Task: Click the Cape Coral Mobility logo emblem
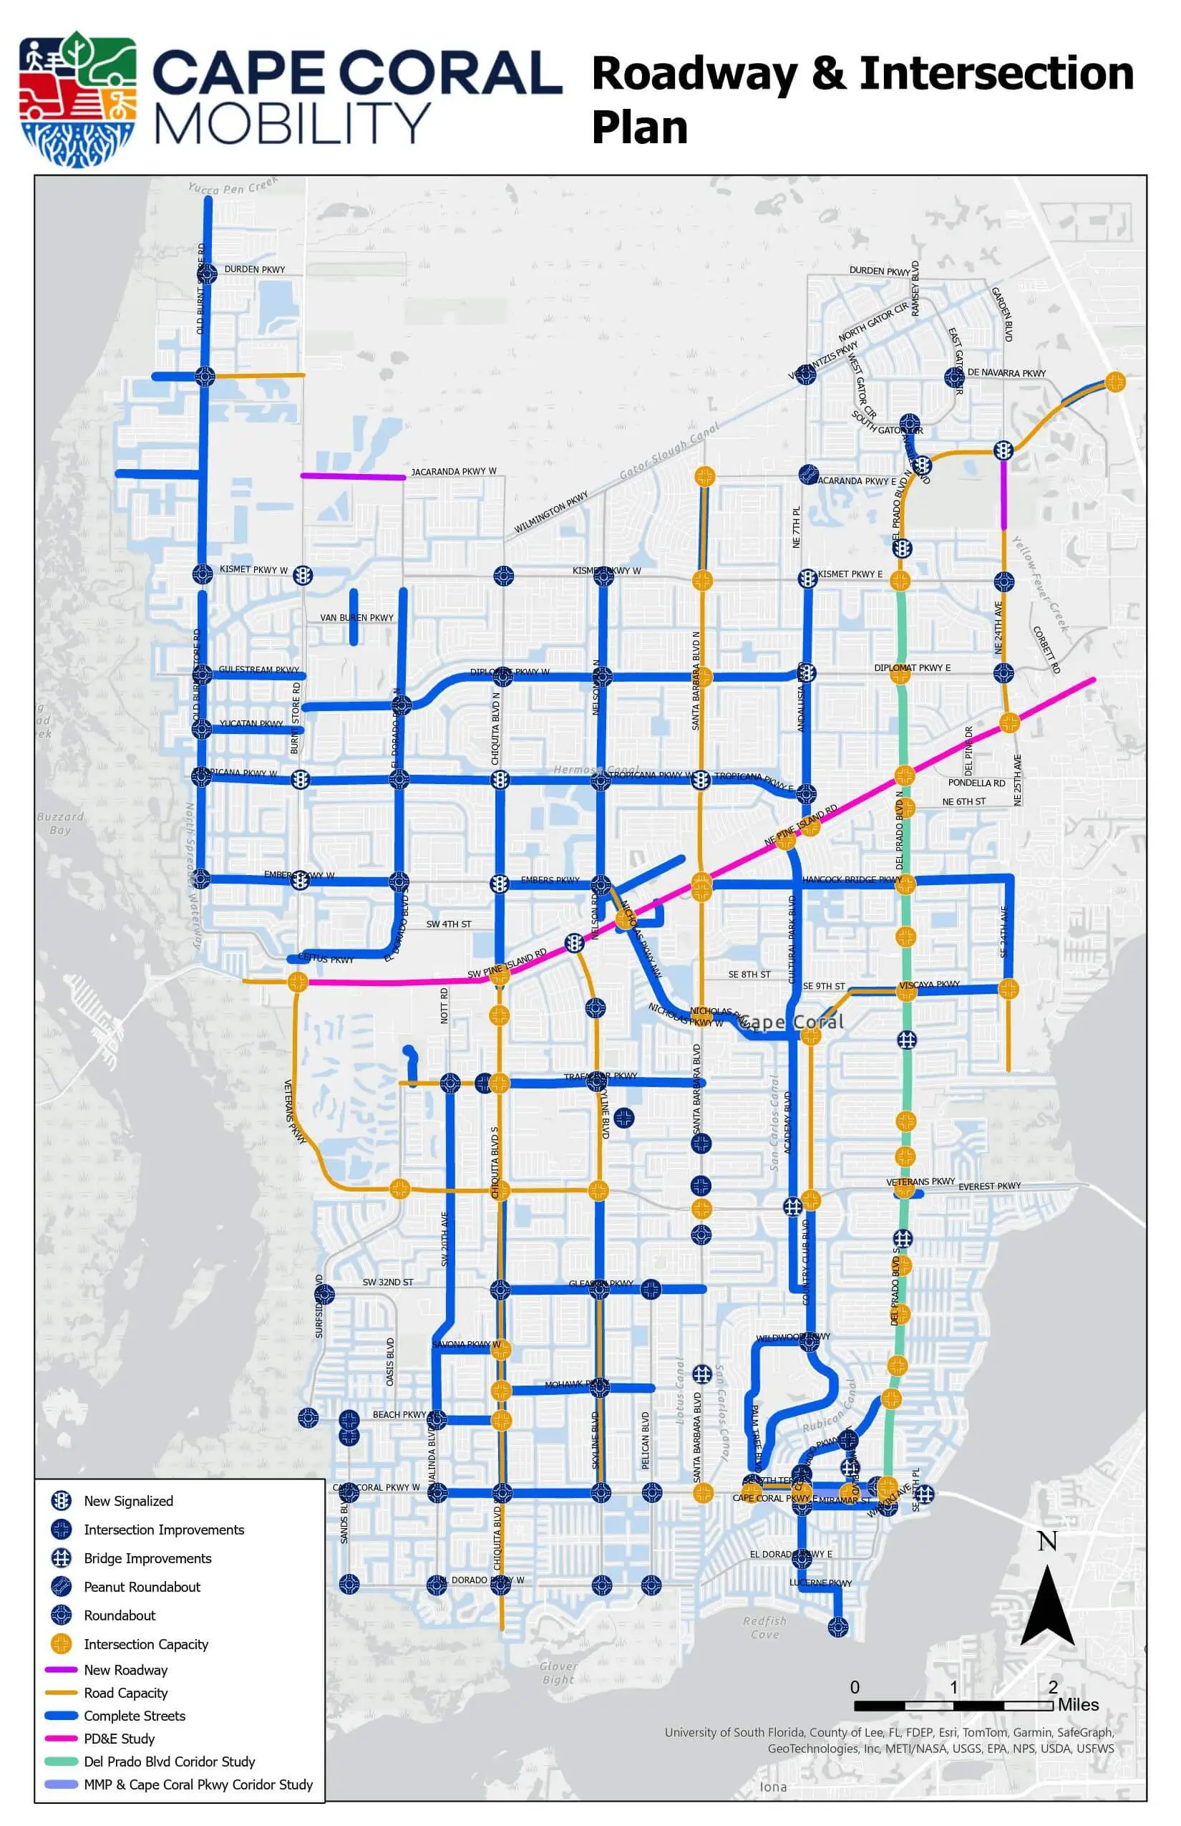(x=77, y=98)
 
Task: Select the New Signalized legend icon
(x=62, y=1501)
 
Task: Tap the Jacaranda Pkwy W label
(x=453, y=471)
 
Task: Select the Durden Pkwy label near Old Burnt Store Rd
(x=255, y=269)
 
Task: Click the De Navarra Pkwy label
(x=1006, y=373)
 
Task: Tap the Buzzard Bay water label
(x=60, y=823)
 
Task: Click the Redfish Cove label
(x=764, y=1628)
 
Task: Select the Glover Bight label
(x=558, y=1673)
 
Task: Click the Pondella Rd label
(x=976, y=783)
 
